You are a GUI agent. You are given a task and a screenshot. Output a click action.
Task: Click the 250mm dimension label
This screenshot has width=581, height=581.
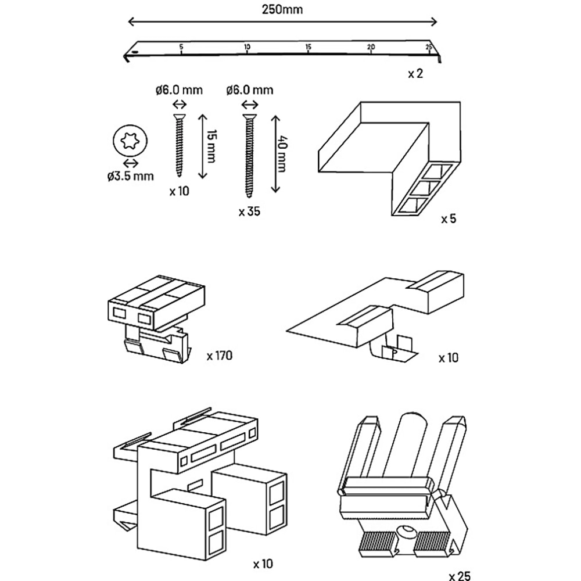(x=282, y=9)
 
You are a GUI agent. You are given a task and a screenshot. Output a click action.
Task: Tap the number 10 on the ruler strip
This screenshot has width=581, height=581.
(x=247, y=47)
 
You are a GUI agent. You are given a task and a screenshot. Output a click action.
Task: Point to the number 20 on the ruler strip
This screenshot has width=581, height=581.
(x=371, y=47)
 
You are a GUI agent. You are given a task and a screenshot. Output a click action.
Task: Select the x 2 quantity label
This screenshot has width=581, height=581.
(x=415, y=74)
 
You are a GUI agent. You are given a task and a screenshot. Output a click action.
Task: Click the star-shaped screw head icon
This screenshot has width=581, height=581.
(x=130, y=141)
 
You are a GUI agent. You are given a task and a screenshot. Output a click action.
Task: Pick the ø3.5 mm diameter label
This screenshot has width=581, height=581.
(x=130, y=176)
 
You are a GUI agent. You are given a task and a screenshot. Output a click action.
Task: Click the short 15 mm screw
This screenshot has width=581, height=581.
(x=180, y=145)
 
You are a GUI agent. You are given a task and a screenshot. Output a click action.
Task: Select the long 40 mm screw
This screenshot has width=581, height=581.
(x=249, y=156)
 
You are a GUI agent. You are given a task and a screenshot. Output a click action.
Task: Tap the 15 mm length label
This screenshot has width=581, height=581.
(x=211, y=146)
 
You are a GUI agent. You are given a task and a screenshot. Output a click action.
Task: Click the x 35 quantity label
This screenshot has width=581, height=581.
(x=249, y=211)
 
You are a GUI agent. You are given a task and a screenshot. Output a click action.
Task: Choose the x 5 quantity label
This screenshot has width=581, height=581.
(x=449, y=219)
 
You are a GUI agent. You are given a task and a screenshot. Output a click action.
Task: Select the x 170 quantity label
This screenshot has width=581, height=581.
(x=220, y=356)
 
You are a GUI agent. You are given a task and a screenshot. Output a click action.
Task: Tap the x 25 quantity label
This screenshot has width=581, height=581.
(x=460, y=576)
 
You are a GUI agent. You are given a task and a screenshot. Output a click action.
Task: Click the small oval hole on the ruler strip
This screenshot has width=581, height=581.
(x=135, y=53)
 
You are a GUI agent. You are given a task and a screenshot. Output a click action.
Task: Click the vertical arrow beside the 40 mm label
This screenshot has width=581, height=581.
(x=275, y=154)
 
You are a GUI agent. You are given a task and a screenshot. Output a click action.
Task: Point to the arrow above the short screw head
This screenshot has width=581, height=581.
(x=180, y=105)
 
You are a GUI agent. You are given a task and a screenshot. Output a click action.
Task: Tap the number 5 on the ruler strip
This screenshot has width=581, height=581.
(x=181, y=47)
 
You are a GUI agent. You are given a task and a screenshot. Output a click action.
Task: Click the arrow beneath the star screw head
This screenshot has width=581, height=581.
(x=130, y=163)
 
